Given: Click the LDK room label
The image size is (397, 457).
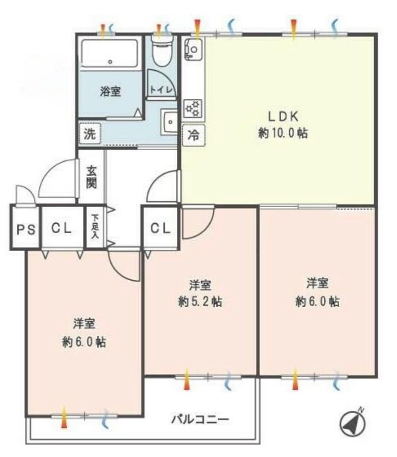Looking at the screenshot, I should tap(283, 116).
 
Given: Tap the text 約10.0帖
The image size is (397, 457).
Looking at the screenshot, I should tap(283, 133).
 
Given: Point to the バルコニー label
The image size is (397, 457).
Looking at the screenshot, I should tap(200, 419).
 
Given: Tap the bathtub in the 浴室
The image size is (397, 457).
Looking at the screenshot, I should tap(110, 54).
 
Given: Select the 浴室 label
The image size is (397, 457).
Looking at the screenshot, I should tap(111, 91).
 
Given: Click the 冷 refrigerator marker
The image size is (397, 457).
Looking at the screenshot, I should tap(193, 135).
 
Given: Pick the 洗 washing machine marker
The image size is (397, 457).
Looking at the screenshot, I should tap(89, 133).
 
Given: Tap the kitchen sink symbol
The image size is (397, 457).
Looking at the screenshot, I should tap(192, 48).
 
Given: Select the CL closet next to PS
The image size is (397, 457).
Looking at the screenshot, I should tap(62, 228).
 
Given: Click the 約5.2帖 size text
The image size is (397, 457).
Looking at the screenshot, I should tap(200, 302).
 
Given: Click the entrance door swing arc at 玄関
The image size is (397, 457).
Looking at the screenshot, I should tap(56, 179).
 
